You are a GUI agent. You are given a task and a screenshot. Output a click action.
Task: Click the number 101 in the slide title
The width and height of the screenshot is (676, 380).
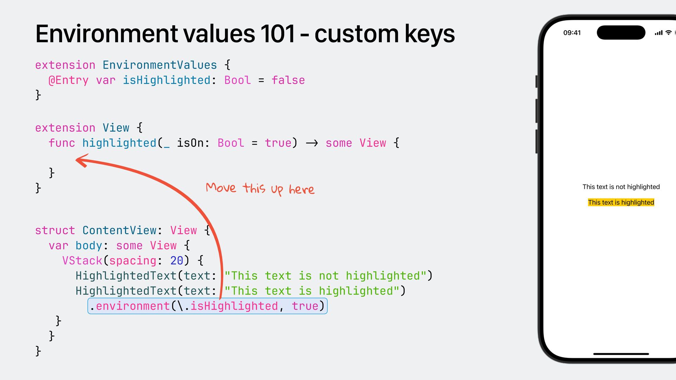tap(277, 34)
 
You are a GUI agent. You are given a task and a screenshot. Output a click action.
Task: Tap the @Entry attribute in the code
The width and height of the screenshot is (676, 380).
tap(69, 80)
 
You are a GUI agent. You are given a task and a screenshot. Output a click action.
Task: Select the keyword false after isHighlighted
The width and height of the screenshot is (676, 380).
tap(288, 80)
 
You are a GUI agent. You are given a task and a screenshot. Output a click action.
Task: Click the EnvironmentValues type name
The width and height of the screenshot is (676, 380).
tap(159, 65)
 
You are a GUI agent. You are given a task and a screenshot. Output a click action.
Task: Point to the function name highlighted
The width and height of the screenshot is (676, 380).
tap(119, 143)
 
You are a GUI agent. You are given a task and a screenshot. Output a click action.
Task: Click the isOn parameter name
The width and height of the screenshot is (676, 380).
tap(190, 143)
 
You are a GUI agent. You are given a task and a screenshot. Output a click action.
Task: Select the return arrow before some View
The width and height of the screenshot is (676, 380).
tap(312, 143)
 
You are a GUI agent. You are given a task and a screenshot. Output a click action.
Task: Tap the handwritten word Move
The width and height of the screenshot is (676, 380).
tap(221, 187)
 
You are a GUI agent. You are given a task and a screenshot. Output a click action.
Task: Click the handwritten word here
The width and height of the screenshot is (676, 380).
tap(301, 190)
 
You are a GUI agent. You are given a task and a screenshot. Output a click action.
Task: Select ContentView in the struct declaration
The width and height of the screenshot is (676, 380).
tap(119, 230)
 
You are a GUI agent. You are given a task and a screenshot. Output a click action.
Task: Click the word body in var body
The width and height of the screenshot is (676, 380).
tap(89, 246)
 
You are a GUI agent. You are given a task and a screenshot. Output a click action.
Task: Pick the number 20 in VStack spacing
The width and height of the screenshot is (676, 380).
tap(176, 261)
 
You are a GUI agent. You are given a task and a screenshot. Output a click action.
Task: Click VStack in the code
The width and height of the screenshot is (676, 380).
tap(82, 261)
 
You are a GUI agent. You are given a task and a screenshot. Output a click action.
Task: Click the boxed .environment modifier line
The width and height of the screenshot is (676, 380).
tap(207, 306)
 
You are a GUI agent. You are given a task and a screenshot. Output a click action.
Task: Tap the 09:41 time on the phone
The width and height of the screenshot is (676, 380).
tap(572, 33)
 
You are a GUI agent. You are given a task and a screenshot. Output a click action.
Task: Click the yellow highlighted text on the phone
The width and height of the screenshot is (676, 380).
tap(621, 202)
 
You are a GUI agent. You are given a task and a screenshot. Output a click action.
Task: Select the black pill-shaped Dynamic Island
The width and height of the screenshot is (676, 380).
tap(621, 33)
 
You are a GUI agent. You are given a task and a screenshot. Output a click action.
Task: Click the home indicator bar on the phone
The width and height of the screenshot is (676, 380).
tap(621, 354)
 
